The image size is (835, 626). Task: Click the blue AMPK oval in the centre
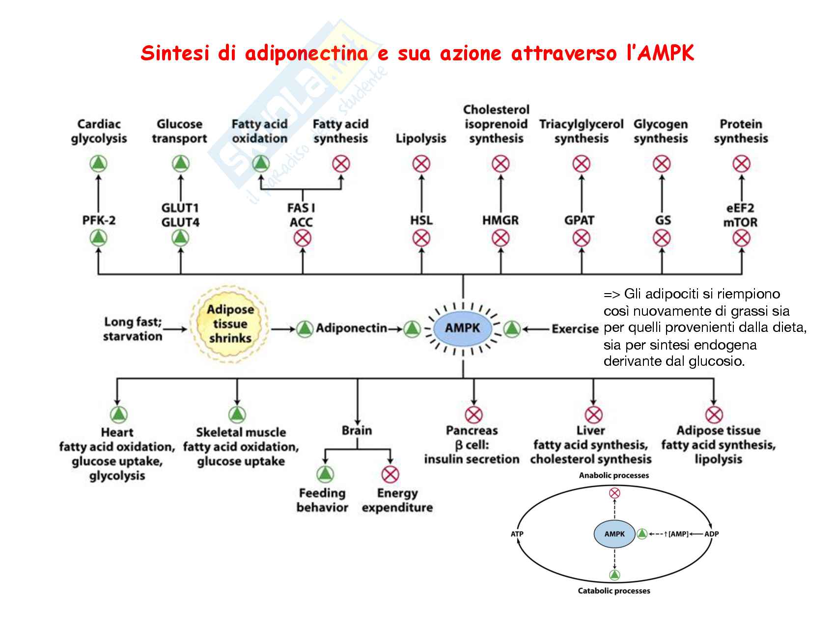(x=463, y=328)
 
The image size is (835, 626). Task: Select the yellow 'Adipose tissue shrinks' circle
(x=229, y=324)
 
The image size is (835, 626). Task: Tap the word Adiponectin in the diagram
(x=351, y=328)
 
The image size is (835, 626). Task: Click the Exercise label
(x=575, y=328)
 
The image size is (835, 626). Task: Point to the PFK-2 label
(x=99, y=220)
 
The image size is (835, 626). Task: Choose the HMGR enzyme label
(x=500, y=220)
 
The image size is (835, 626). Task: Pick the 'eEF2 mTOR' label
(x=740, y=215)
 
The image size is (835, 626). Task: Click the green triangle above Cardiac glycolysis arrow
(x=99, y=163)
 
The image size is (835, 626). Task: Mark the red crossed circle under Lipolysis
(x=421, y=163)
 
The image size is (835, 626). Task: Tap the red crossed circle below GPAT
(x=582, y=239)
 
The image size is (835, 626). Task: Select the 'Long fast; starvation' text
(x=133, y=329)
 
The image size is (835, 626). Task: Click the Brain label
(x=357, y=431)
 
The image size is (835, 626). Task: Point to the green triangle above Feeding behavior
(x=324, y=474)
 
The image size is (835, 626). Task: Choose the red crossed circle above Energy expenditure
(x=390, y=474)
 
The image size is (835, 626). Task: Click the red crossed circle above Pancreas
(x=473, y=415)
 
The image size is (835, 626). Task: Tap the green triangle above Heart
(x=118, y=415)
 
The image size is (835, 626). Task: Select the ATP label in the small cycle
(x=517, y=534)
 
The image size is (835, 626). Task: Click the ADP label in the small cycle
(x=711, y=534)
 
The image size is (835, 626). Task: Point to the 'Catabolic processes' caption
(x=614, y=591)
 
